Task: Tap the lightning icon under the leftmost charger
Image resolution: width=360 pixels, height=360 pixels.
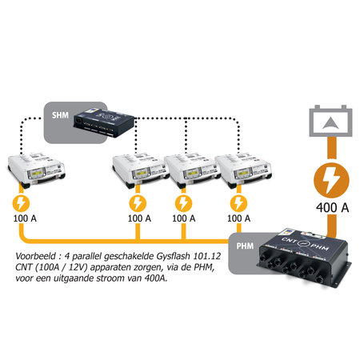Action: click(x=22, y=203)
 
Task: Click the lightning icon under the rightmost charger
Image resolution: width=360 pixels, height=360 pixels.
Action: click(x=236, y=203)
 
